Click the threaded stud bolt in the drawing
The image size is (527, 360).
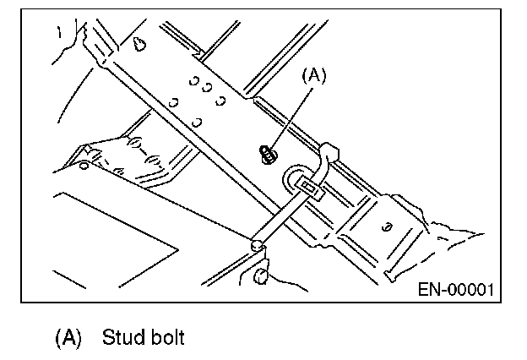pos(269,155)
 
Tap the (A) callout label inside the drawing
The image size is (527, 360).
pos(314,75)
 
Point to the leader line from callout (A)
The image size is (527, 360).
pos(292,118)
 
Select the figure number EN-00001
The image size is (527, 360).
pos(456,289)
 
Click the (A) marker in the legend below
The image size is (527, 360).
pos(68,337)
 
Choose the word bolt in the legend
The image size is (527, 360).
pos(168,337)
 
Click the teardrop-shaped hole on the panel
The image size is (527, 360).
pos(139,44)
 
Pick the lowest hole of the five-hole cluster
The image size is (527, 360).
pos(197,123)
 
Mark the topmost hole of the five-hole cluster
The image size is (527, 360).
pos(194,81)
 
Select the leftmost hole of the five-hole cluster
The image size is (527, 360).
pos(173,102)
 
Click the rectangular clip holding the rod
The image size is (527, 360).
pos(308,189)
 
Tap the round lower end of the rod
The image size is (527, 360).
pos(258,245)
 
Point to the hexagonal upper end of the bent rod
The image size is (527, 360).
pos(329,150)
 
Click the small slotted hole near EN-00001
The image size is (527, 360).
pos(387,227)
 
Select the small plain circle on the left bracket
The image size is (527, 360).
pos(84,166)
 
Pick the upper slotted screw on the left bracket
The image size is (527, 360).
pos(134,143)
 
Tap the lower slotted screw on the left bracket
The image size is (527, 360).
pos(153,160)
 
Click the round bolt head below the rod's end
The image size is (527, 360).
pos(261,275)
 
